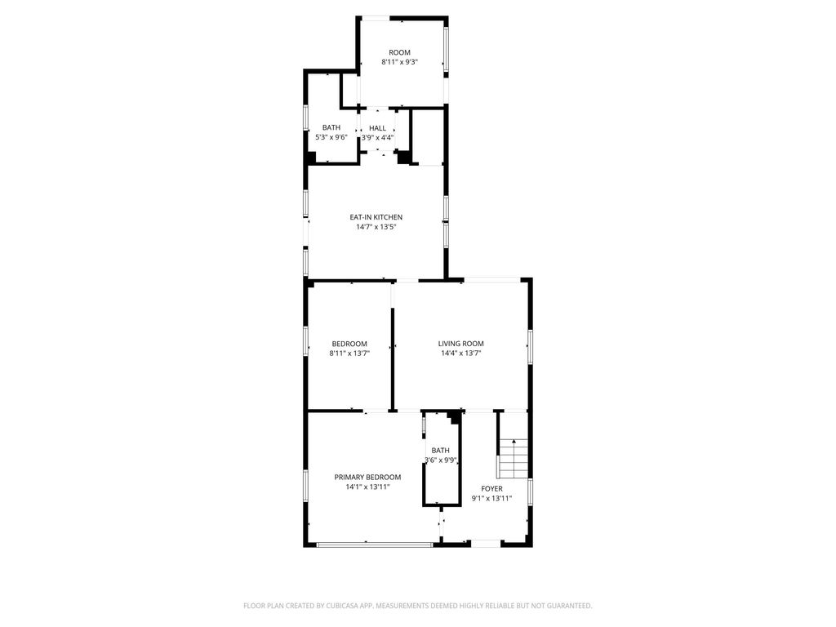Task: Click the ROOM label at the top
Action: click(x=399, y=52)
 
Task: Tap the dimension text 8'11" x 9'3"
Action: click(x=399, y=62)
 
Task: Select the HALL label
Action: click(x=377, y=128)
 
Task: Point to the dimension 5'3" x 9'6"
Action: click(x=331, y=137)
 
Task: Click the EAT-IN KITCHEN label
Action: click(x=376, y=217)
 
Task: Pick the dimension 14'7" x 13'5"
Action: click(x=376, y=227)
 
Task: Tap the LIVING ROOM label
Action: click(x=461, y=344)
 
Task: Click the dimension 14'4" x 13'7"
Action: click(x=461, y=353)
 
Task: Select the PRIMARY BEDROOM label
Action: click(x=367, y=477)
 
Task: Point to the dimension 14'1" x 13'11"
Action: click(x=367, y=487)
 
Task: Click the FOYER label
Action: click(x=491, y=489)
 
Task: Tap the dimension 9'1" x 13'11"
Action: click(x=491, y=499)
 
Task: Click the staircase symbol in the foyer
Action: click(x=513, y=459)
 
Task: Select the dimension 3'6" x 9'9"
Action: click(x=441, y=460)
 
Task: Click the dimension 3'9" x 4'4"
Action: click(x=377, y=137)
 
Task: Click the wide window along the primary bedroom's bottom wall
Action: click(x=374, y=545)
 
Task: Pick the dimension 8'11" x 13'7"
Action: click(x=349, y=353)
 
